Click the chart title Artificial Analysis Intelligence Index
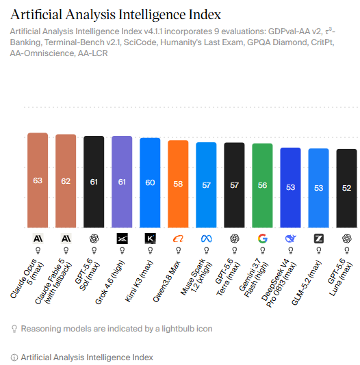pos(116,14)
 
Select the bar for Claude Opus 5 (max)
pos(38,180)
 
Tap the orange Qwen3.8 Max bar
pos(178,184)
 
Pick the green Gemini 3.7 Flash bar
pos(262,185)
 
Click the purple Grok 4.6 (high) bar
pos(122,182)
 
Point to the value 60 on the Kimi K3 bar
pos(150,182)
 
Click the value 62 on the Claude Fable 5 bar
pos(66,181)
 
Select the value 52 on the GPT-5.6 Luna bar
pos(346,188)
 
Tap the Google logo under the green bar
pos(263,239)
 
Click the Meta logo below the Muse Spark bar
pos(207,239)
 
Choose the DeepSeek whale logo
pos(291,239)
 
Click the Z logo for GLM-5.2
pos(318,239)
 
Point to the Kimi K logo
pos(151,239)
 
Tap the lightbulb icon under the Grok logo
pos(122,251)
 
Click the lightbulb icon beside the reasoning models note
pos(14,329)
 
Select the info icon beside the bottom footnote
pos(14,357)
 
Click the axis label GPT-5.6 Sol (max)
pos(88,274)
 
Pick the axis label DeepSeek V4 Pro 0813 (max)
pos(279,283)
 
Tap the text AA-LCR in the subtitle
pos(93,53)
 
